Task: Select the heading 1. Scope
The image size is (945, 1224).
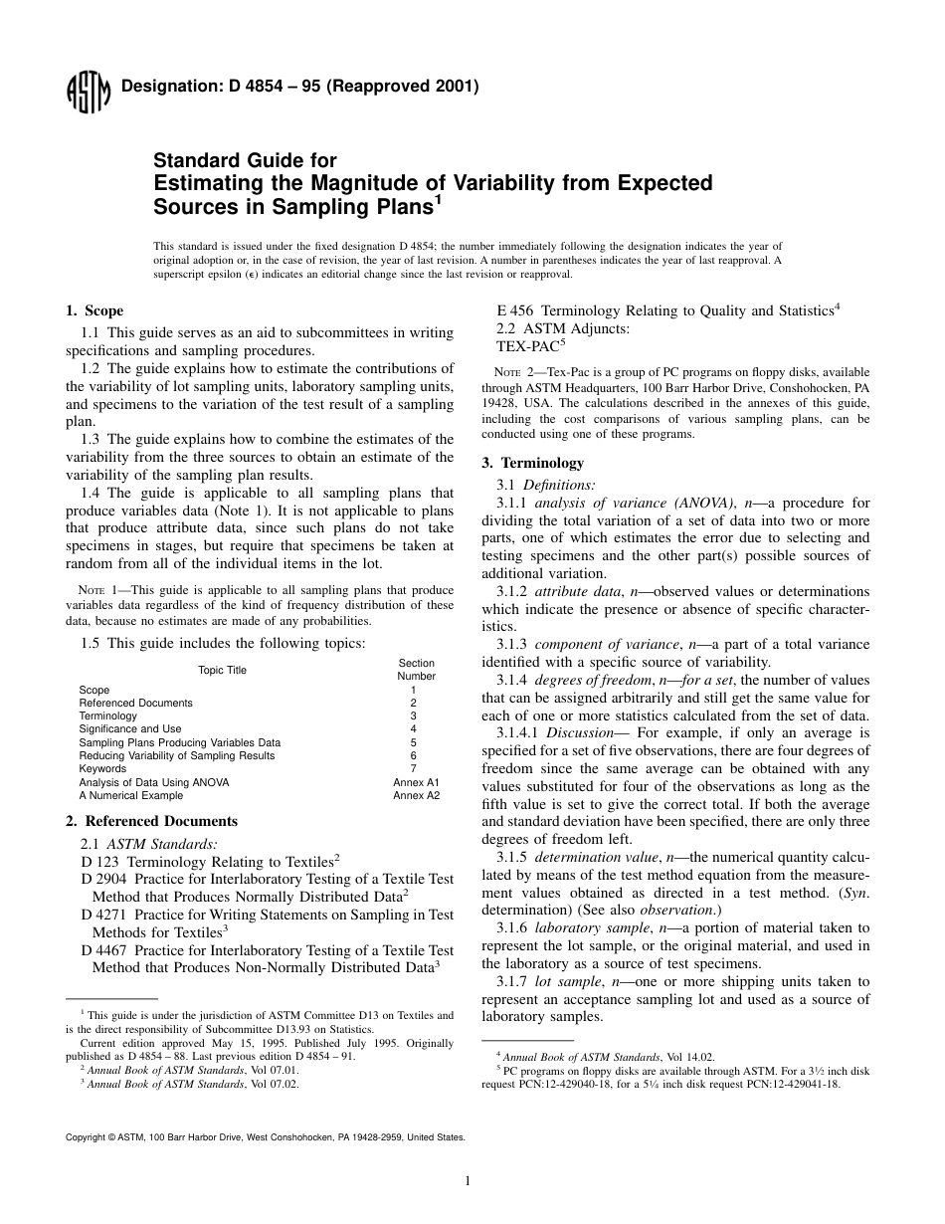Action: tap(94, 310)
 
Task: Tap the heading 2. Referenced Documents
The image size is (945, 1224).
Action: tap(151, 821)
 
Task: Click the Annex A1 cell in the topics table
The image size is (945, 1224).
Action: tap(416, 782)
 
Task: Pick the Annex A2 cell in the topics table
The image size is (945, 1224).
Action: tap(416, 795)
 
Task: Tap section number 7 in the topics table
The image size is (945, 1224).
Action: tap(414, 768)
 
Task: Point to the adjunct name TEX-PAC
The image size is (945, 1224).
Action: tap(527, 346)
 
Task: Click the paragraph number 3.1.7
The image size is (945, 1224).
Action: tap(514, 981)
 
